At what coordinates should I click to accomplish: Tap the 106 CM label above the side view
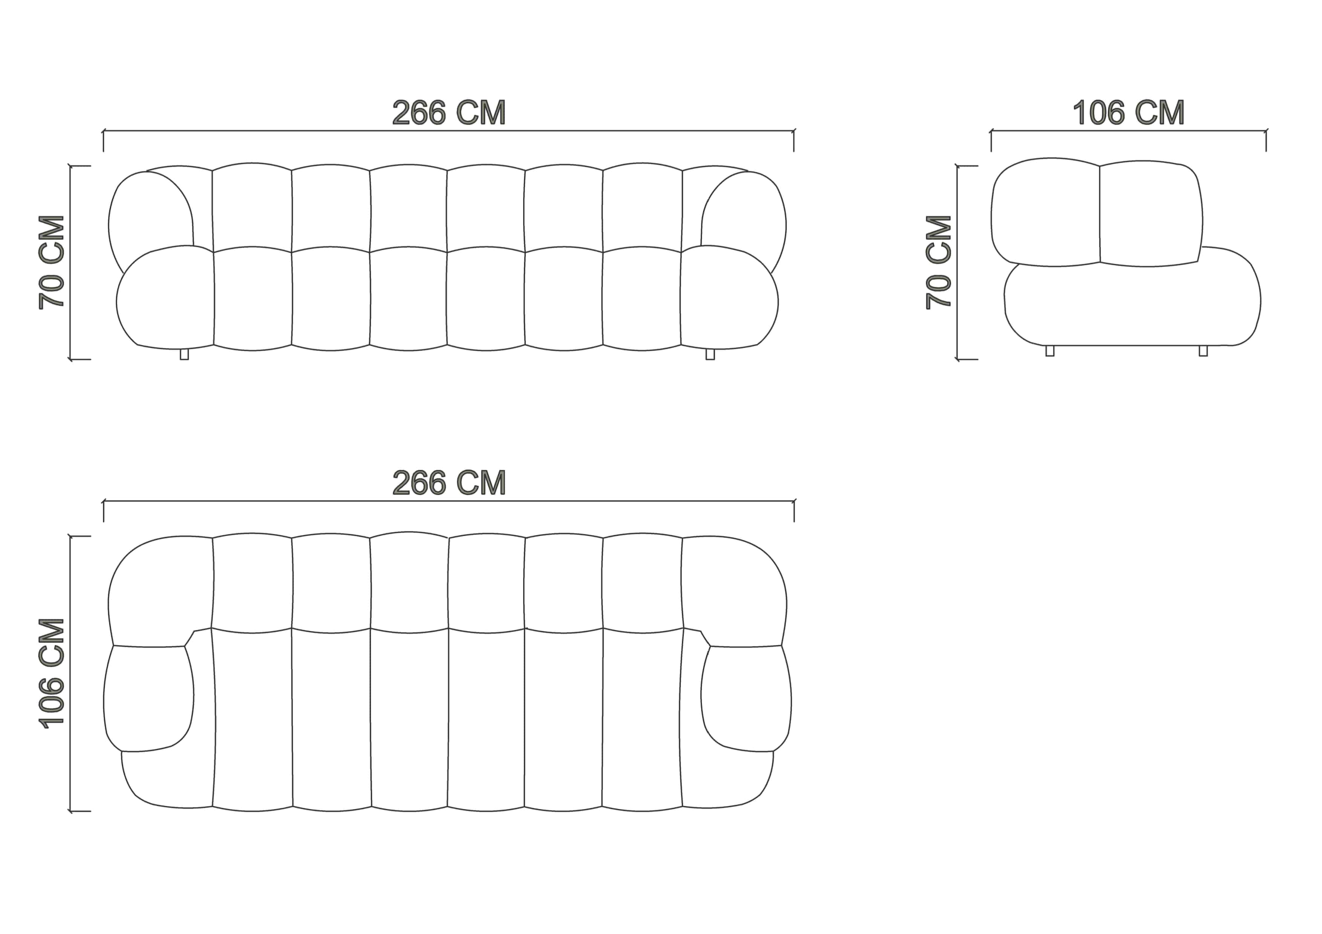tap(1129, 113)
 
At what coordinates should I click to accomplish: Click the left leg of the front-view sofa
tap(184, 354)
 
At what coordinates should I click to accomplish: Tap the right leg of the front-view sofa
tap(710, 354)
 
